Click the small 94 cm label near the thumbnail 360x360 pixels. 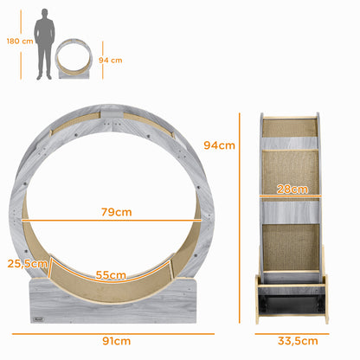[x=111, y=61]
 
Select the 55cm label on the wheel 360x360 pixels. [x=112, y=275]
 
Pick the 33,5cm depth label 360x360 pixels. [x=291, y=341]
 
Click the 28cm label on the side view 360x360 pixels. [x=292, y=189]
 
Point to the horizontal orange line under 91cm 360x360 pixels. [x=113, y=331]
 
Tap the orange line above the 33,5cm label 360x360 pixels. [x=291, y=331]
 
